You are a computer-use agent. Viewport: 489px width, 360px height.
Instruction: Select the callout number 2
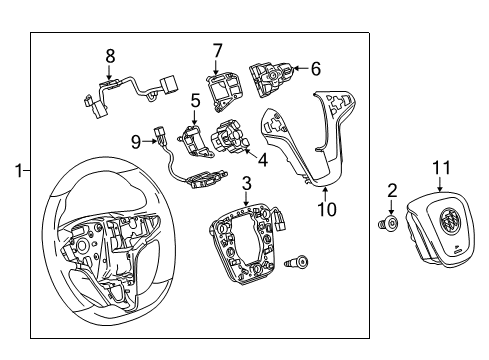click(x=393, y=189)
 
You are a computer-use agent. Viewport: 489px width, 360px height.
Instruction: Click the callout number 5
click(x=196, y=101)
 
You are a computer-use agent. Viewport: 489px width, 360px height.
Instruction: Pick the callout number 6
click(x=316, y=69)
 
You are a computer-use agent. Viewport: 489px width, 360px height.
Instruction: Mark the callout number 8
click(x=111, y=55)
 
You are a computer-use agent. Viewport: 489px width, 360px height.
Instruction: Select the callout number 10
click(x=323, y=208)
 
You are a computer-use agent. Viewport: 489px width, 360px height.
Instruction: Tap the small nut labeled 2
click(x=391, y=222)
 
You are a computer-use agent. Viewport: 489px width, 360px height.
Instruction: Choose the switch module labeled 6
click(x=274, y=75)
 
